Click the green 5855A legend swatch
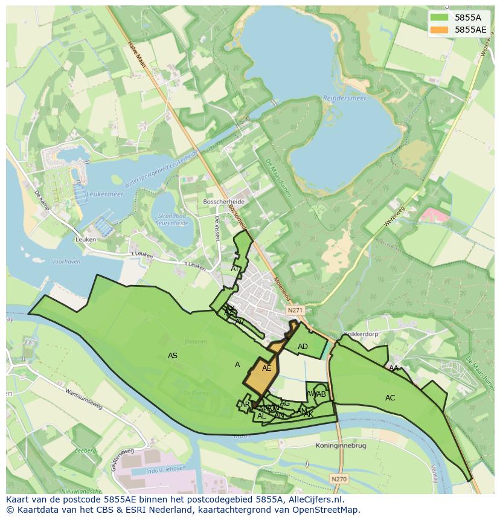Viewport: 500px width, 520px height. (x=440, y=18)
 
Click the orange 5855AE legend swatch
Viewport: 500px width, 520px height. (x=440, y=29)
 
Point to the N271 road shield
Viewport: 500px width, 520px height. (x=295, y=310)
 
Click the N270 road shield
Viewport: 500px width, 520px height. (x=339, y=479)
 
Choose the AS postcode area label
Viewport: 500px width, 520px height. (x=173, y=356)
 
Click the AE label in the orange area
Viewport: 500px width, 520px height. (x=266, y=368)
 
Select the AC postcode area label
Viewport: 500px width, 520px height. (x=390, y=397)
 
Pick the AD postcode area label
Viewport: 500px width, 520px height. (x=303, y=346)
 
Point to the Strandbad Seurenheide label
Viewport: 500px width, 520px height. (x=173, y=219)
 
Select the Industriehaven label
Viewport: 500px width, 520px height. (x=150, y=468)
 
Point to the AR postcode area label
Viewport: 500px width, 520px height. (x=245, y=404)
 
